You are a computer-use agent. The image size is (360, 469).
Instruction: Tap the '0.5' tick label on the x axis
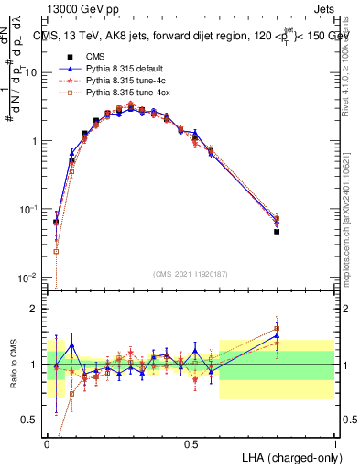pos(191,443)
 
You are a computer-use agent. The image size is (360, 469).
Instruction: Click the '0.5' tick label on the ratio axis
pos(32,420)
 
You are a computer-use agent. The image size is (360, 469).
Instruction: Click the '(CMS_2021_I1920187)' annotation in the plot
pos(191,274)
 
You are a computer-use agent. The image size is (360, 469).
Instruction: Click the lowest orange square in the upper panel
pos(56,251)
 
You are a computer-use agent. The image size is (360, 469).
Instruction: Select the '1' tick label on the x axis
pos(334,443)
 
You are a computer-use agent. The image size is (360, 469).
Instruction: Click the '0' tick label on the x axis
pos(47,443)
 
